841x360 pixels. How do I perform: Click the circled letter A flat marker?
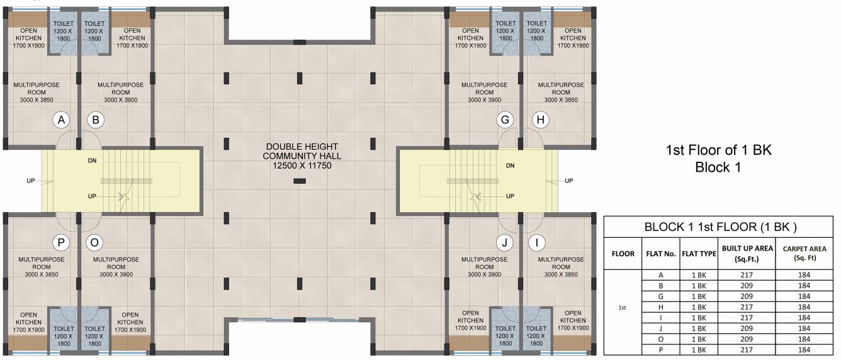[x=61, y=120]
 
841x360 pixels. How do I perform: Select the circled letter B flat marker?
[x=96, y=120]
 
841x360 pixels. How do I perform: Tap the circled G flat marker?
[x=505, y=120]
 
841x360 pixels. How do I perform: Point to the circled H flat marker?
[x=540, y=120]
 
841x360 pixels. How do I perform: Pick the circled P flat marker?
[x=61, y=242]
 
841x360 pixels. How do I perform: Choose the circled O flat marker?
[x=96, y=242]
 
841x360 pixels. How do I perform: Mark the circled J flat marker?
[x=505, y=242]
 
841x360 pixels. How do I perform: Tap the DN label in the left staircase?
[x=93, y=160]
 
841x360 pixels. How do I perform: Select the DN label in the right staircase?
[x=511, y=166]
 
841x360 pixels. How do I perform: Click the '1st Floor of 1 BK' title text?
[x=718, y=150]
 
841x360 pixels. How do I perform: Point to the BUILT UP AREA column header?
[x=747, y=254]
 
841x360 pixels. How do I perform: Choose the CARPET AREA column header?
[x=804, y=254]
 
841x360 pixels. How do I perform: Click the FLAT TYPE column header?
[x=699, y=254]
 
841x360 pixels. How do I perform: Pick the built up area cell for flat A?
[x=747, y=275]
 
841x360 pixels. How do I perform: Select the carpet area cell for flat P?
[x=804, y=349]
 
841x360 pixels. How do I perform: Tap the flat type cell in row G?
[x=699, y=296]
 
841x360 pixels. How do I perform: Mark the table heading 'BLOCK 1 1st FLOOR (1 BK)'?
[x=718, y=227]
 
